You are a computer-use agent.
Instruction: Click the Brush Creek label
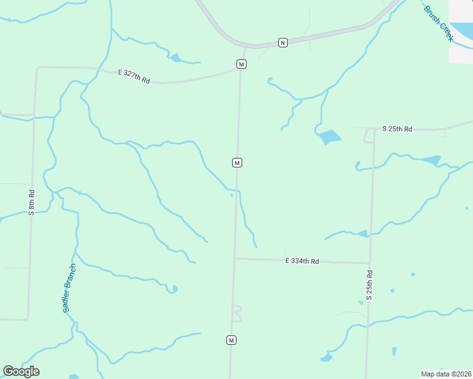click(439, 25)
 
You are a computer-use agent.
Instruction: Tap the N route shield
click(283, 42)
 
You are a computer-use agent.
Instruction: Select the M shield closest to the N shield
click(241, 64)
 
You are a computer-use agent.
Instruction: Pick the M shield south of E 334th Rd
click(231, 340)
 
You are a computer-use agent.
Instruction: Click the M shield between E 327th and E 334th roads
click(236, 162)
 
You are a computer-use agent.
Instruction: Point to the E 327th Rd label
click(134, 76)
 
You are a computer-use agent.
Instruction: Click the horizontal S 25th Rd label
click(397, 129)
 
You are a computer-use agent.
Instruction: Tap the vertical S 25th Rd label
click(369, 285)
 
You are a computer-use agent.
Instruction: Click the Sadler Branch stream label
click(69, 288)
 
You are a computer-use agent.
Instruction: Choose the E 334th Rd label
click(302, 261)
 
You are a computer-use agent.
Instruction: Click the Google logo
click(21, 371)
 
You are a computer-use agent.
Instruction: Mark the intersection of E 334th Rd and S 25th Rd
click(370, 263)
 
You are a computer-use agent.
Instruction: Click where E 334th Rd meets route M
click(235, 258)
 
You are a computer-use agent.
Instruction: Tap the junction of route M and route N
click(244, 47)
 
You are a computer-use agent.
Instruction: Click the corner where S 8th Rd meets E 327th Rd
click(37, 68)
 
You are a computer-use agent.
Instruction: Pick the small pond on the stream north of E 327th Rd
click(175, 59)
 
